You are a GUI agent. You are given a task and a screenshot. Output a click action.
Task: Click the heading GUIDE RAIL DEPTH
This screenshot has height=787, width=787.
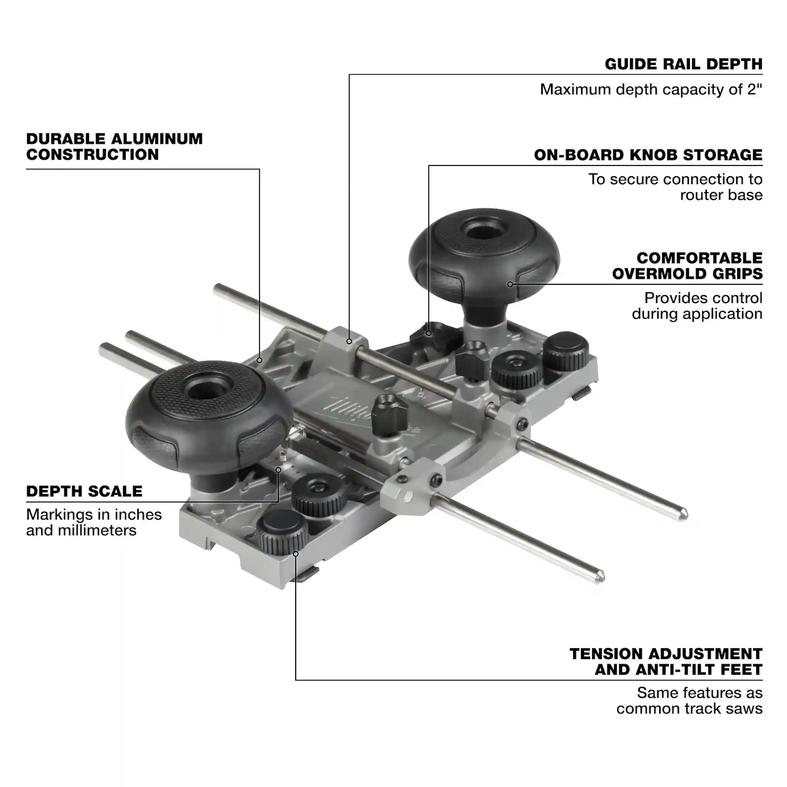pos(683,64)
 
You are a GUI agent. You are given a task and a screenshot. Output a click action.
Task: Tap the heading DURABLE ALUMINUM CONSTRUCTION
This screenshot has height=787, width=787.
pos(114,147)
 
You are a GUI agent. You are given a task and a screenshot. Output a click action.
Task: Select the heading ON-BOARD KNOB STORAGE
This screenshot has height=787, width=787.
pos(648,155)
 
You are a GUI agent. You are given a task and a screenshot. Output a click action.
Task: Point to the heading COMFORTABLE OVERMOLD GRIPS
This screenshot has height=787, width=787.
pos(687,266)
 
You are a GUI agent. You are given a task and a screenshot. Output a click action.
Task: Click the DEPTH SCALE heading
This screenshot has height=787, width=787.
pos(84,491)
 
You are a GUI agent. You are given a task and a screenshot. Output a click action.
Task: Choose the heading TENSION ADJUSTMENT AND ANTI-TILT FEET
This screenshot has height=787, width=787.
pos(666,662)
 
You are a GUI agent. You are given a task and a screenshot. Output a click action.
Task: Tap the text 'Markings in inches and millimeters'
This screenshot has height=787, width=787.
pos(94,522)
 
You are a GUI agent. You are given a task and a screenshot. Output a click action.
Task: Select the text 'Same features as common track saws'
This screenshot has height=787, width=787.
pos(689,701)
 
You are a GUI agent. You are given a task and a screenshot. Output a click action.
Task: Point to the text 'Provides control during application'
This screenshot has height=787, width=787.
pos(697,306)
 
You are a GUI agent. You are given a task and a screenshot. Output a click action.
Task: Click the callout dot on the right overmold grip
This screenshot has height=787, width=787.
pos(510,284)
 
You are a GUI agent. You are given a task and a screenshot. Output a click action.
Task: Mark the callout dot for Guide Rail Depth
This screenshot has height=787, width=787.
pos(349,341)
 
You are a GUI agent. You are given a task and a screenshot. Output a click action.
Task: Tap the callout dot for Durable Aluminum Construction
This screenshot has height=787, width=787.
pos(259,360)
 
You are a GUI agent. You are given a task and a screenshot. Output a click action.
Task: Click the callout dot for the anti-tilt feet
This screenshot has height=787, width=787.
pos(296,554)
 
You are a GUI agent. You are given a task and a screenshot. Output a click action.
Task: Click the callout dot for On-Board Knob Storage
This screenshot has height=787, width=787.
pos(429,333)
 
